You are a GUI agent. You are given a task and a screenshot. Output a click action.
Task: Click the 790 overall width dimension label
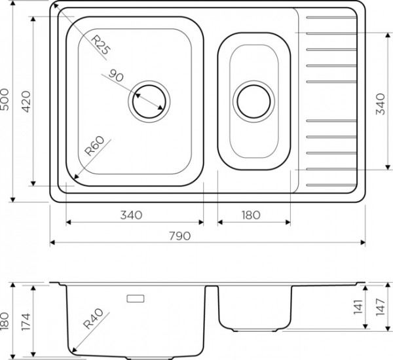[179, 236]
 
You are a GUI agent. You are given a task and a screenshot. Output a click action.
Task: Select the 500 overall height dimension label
[5, 99]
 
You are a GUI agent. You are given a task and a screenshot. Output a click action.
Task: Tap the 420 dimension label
[26, 101]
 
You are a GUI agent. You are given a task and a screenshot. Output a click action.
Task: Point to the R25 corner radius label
[100, 45]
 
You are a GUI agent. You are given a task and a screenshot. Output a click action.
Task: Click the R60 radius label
[94, 146]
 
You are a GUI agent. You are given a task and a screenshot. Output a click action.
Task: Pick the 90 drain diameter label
[116, 75]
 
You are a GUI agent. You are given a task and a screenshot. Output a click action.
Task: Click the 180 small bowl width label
[251, 215]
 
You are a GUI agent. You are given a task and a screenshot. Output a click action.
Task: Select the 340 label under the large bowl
[131, 215]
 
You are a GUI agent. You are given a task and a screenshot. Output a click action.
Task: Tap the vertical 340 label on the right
[380, 104]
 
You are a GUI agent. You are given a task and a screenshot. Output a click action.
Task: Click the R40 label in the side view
[93, 319]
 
